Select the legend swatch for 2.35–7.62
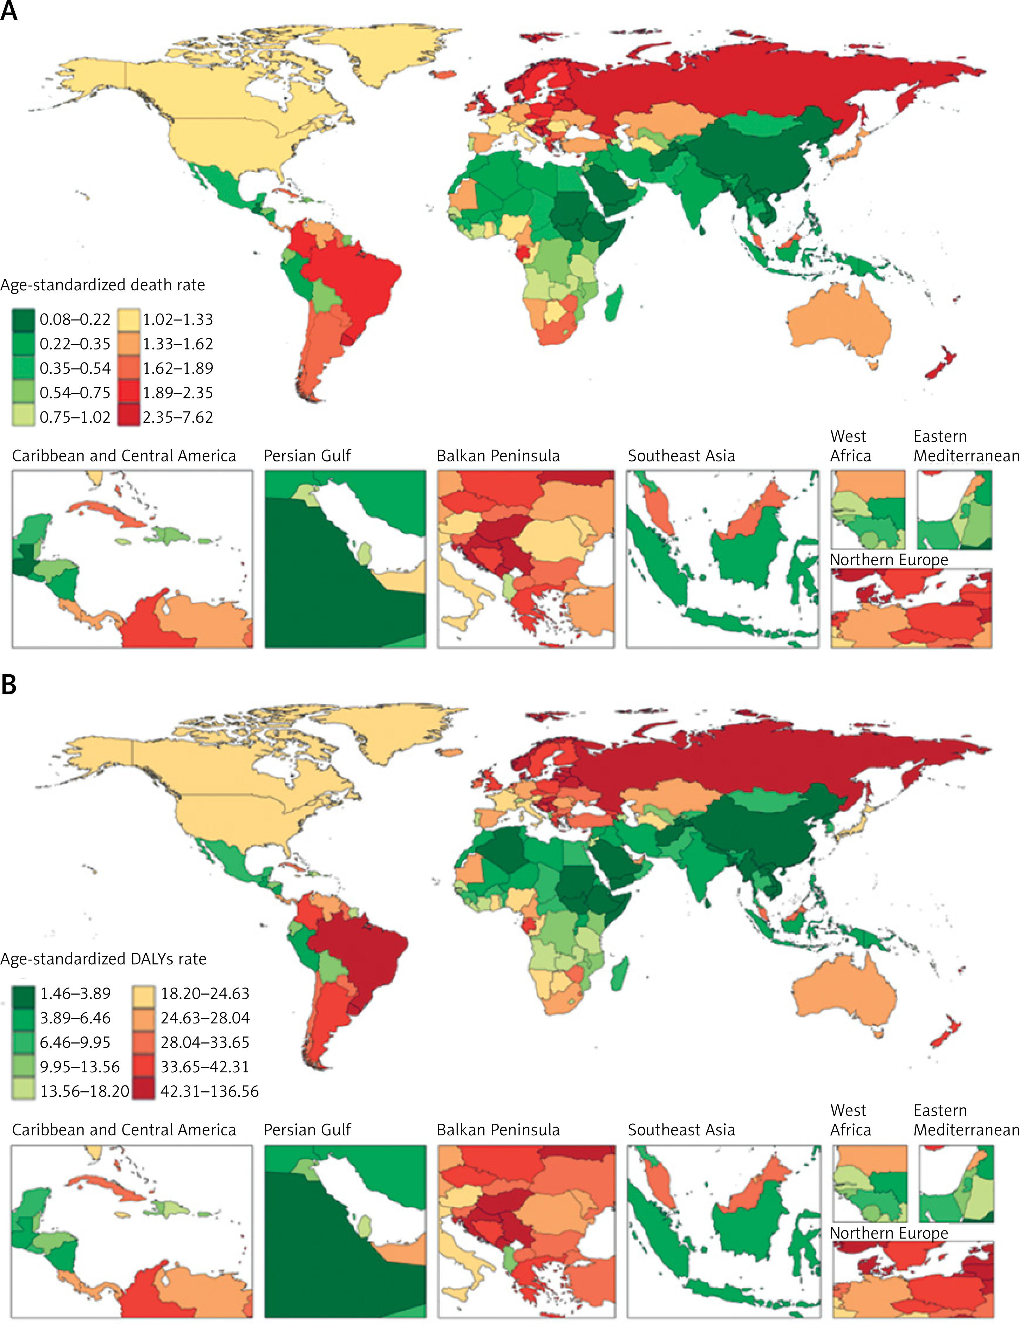coord(128,417)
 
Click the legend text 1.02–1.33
coord(178,320)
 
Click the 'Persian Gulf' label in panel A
coord(307,456)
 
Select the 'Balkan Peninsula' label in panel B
coord(498,1130)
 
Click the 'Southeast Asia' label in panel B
coord(681,1130)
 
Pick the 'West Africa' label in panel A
coord(850,446)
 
